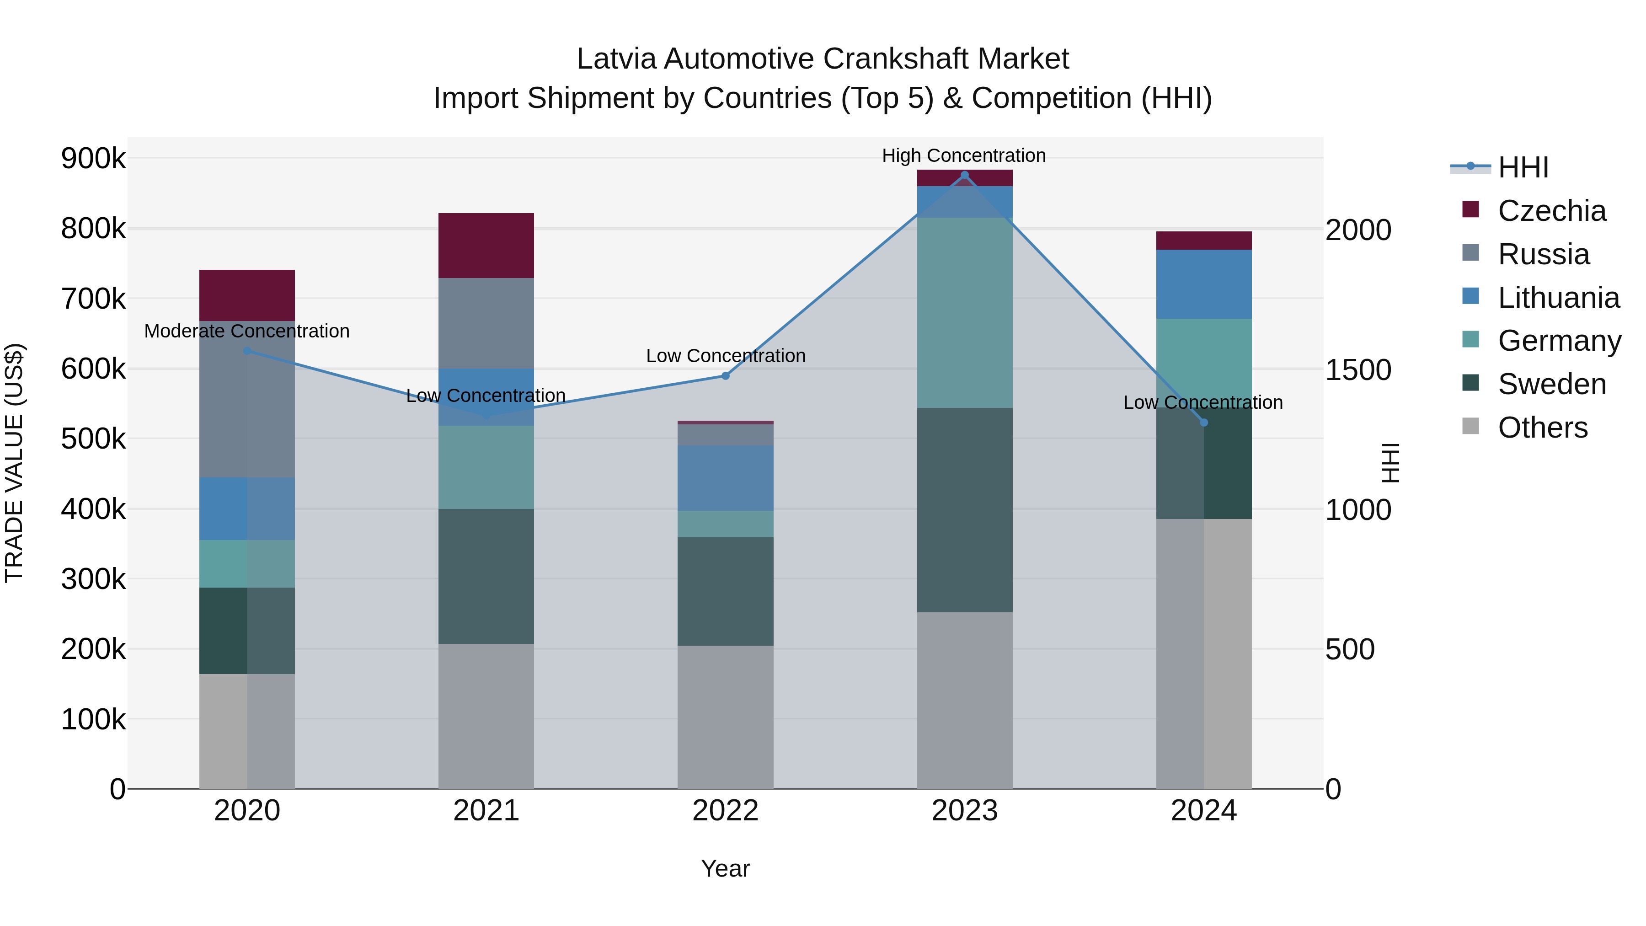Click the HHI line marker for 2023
(x=964, y=175)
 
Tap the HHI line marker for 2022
(x=725, y=376)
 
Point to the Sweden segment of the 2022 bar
(x=725, y=591)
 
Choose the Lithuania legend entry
(x=1558, y=298)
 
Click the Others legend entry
(x=1542, y=428)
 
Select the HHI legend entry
(x=1523, y=167)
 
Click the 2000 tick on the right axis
(x=1358, y=230)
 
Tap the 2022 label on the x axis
(x=725, y=811)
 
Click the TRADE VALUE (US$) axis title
(x=14, y=463)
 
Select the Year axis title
(x=725, y=868)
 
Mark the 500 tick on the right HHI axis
(x=1350, y=649)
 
